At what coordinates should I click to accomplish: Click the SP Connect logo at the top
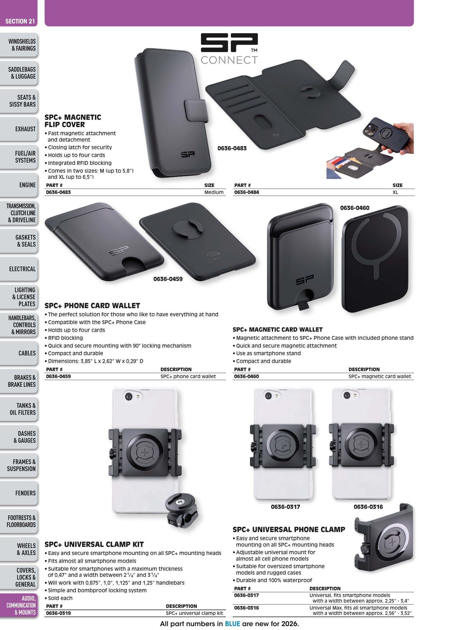229,48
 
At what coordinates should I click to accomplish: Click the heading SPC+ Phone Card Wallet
92,306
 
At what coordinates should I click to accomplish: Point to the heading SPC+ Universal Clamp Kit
94,545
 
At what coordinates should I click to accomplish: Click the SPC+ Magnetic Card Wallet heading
277,330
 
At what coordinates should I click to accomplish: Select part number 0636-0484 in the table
247,192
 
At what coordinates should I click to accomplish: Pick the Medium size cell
214,192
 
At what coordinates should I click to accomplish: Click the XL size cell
395,192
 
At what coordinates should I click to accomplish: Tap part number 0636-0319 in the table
58,613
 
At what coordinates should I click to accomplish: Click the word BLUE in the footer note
232,624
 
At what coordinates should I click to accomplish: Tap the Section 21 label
20,21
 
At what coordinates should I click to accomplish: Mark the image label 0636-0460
355,208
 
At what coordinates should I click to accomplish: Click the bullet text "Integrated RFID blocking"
79,163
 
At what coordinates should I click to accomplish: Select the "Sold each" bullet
60,598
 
